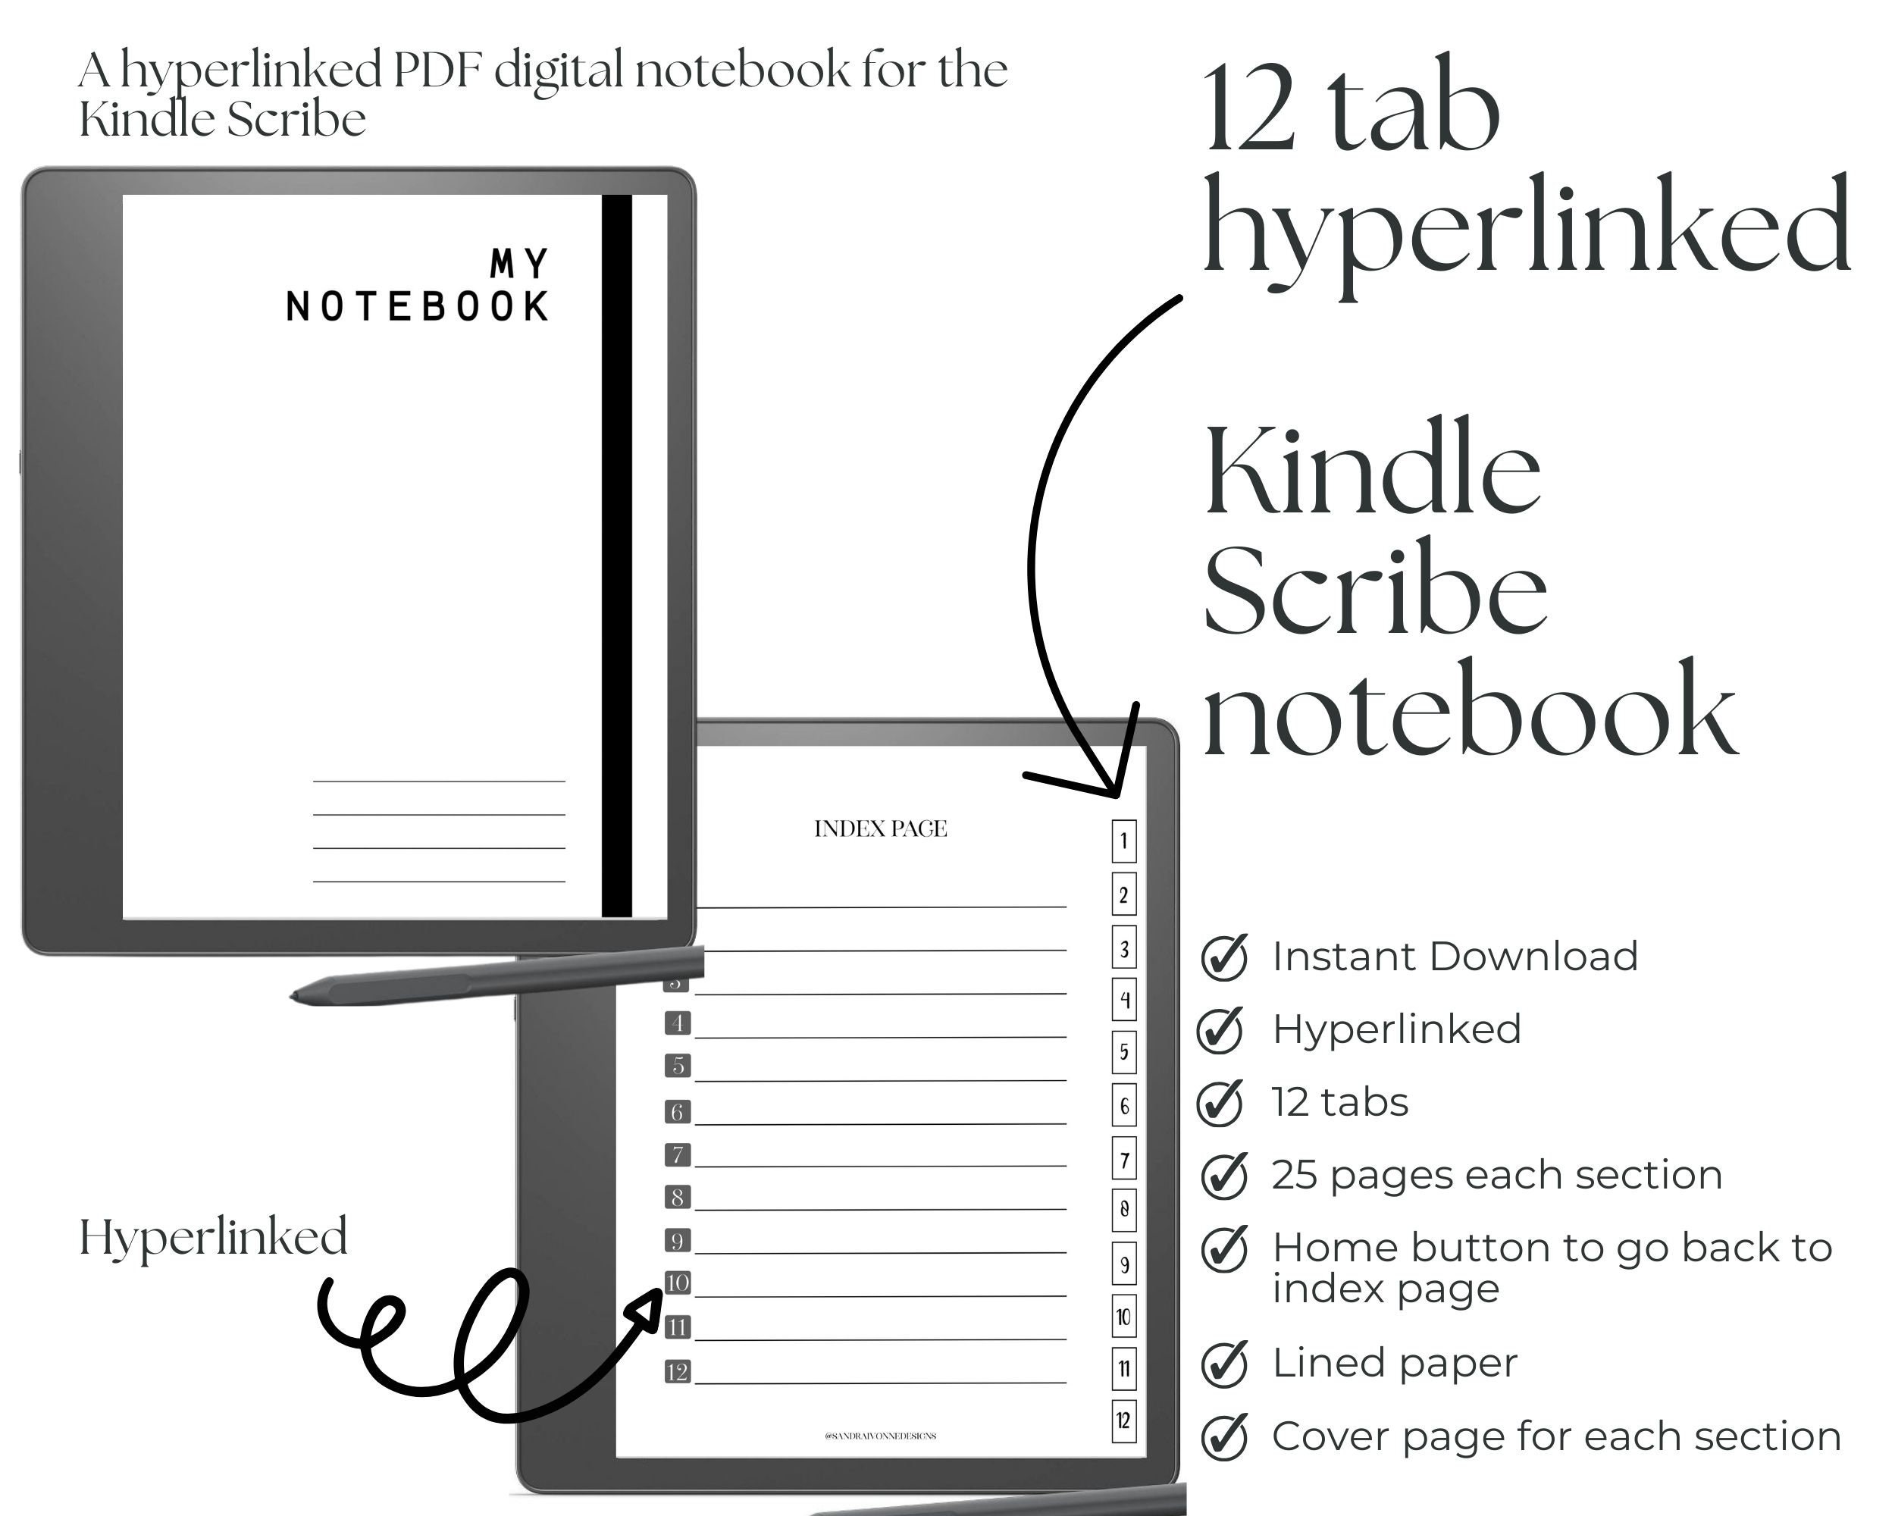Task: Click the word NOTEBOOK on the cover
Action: click(418, 307)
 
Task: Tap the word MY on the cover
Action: click(519, 263)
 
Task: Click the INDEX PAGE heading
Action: click(881, 828)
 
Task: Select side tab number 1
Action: click(1123, 841)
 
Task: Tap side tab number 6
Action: click(1123, 1107)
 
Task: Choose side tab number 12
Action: click(1123, 1421)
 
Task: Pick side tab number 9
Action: click(1123, 1264)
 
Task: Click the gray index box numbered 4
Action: click(678, 1023)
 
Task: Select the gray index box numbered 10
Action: click(678, 1283)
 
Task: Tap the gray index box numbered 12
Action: click(678, 1372)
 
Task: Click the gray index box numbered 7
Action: click(678, 1154)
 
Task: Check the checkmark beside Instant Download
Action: click(1224, 957)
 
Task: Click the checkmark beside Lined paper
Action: click(1224, 1364)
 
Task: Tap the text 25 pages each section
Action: click(1497, 1175)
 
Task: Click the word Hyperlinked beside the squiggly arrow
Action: click(214, 1237)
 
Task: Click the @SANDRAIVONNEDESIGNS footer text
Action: click(881, 1436)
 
